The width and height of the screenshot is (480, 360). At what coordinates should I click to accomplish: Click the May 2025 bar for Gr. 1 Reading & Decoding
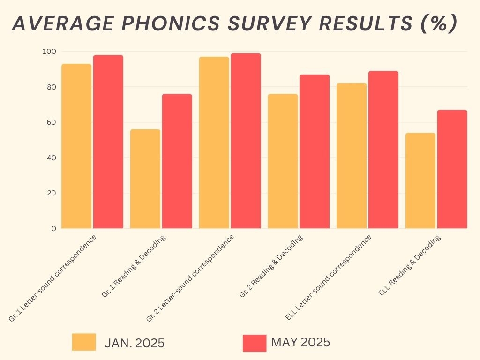point(177,161)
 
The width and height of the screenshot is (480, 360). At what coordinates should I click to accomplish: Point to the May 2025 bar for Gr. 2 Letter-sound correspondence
point(246,141)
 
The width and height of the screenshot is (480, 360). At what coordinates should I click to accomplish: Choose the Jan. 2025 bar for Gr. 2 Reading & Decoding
point(283,161)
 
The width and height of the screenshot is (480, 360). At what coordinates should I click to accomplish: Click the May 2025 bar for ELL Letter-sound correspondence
point(383,150)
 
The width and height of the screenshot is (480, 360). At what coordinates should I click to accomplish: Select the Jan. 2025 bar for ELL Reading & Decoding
point(420,181)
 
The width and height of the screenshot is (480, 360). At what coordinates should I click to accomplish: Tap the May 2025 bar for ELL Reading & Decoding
point(452,169)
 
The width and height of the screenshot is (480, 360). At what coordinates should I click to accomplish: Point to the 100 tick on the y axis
point(50,52)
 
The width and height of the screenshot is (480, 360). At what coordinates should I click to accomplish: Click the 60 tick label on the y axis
point(52,122)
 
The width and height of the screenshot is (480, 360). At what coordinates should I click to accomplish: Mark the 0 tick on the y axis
point(53,229)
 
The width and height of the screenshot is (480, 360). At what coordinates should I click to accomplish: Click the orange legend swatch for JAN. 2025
point(84,342)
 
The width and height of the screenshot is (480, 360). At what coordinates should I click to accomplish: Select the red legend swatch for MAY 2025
point(255,343)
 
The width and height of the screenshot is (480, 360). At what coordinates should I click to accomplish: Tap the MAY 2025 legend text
point(300,343)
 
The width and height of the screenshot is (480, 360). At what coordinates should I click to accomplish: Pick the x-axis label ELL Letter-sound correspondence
point(328,277)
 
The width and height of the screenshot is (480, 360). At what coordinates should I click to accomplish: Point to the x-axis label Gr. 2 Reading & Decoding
point(271,266)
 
